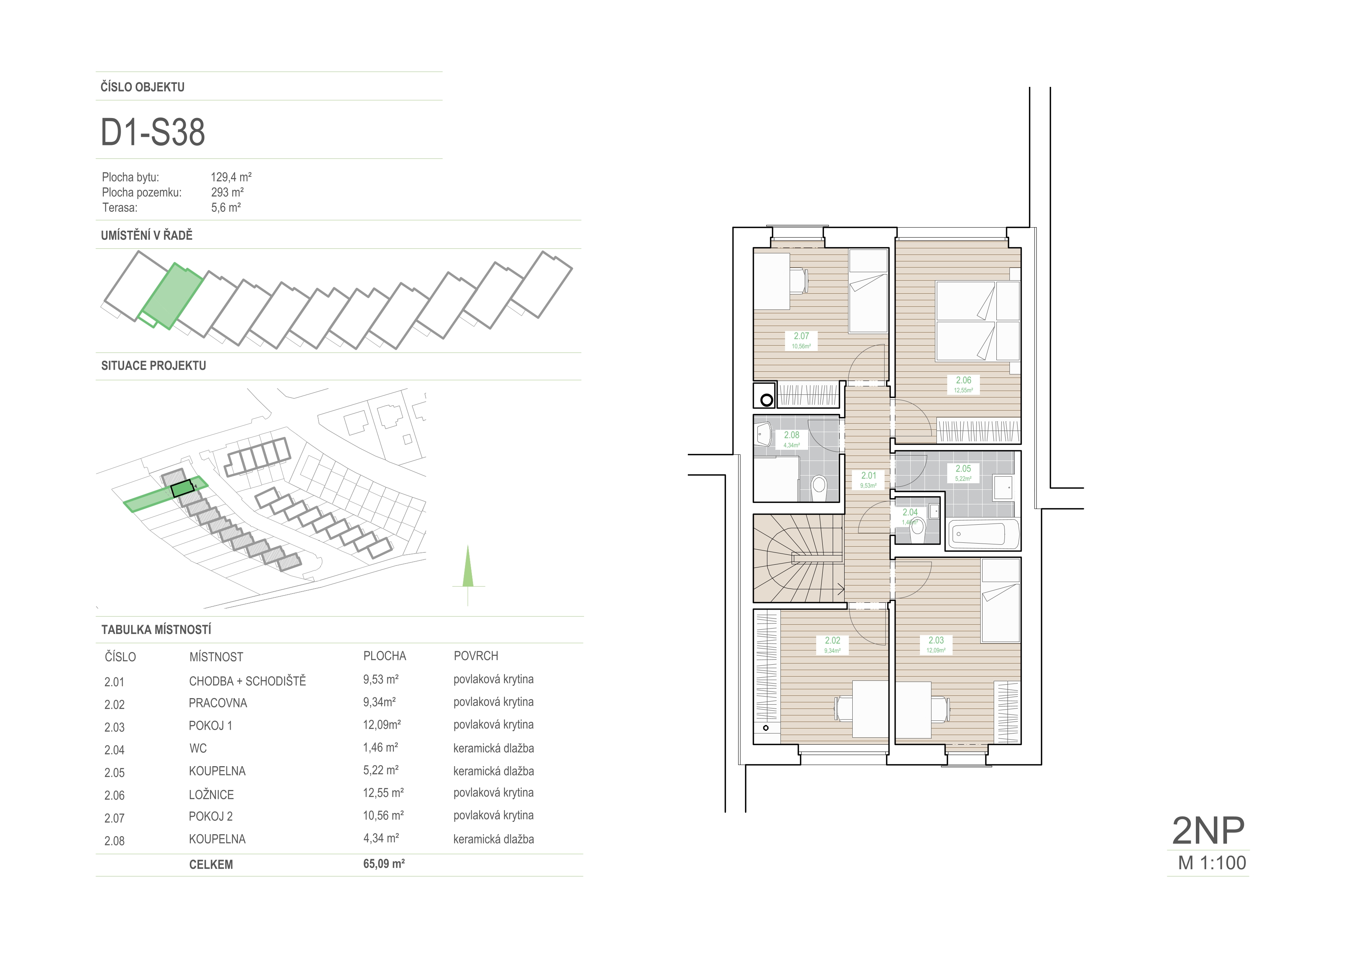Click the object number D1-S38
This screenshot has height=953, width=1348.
[x=153, y=132]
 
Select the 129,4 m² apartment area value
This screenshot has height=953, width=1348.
[x=231, y=177]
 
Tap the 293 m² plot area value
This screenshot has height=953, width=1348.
[x=227, y=192]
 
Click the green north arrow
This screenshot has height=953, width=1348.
[x=468, y=567]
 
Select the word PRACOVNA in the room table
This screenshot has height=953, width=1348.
[x=218, y=703]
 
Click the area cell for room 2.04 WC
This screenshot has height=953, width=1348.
[x=380, y=747]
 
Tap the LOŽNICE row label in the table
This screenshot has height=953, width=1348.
[x=211, y=795]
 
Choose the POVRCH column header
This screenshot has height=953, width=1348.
[x=476, y=656]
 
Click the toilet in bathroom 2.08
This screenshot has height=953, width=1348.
[x=818, y=487]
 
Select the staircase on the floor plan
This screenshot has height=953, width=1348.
[x=799, y=559]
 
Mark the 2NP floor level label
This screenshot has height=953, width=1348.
[x=1208, y=830]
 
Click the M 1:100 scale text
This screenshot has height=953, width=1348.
[x=1212, y=863]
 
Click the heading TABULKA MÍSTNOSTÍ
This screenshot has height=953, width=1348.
[x=156, y=629]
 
